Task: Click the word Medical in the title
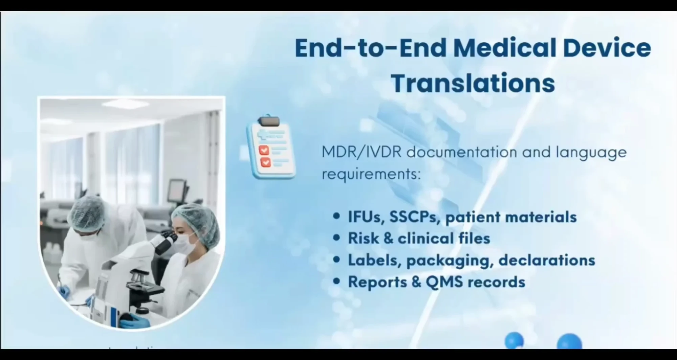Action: pos(504,48)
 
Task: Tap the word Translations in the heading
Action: pos(473,83)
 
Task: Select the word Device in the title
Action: pos(607,48)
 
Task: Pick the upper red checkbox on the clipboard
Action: pos(264,150)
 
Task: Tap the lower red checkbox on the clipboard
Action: pos(265,162)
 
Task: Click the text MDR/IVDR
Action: pos(361,152)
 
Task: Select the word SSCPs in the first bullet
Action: pos(415,217)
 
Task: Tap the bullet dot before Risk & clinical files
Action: pos(336,238)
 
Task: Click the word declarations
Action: pos(546,260)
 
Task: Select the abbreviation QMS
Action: pos(444,282)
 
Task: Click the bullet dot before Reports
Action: pos(336,281)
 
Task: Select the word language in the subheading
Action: pos(591,152)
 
